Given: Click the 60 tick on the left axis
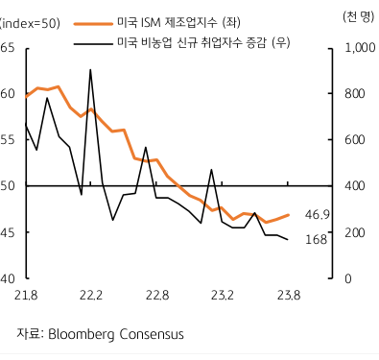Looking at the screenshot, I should point(8,94).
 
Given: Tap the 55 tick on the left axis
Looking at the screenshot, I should point(8,140).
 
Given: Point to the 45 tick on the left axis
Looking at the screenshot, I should point(8,232).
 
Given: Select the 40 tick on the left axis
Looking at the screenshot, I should point(8,279).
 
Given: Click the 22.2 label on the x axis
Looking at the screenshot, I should point(91,294).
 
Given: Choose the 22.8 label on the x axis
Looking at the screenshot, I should point(156,294).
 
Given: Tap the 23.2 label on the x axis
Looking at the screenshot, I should point(223,294).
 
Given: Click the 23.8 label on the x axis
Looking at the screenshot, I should point(288,294).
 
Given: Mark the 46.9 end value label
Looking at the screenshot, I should point(317,214).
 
